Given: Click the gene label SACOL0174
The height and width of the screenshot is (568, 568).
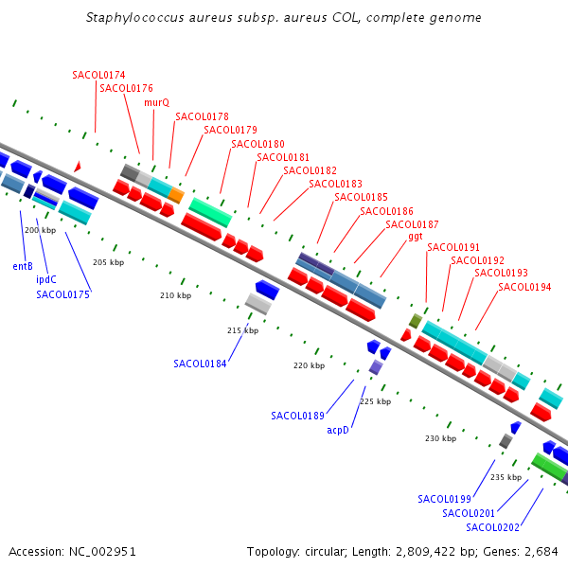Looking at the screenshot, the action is [x=98, y=75].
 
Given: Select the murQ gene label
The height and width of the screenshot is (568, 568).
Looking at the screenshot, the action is [x=156, y=102].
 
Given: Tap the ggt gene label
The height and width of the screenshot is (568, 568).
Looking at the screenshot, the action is [x=416, y=237].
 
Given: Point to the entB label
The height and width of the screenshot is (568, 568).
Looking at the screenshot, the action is [x=23, y=266].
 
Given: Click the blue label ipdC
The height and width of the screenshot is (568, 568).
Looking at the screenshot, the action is [x=46, y=279].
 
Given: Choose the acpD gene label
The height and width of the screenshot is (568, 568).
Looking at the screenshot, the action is [x=338, y=430].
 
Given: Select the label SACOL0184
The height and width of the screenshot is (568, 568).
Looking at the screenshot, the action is [x=200, y=364].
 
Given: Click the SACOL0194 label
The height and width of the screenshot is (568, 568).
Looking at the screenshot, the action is [x=524, y=287].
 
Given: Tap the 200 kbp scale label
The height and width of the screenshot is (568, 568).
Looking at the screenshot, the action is [x=40, y=230].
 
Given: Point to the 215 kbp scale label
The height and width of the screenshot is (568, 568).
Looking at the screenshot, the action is [x=242, y=330].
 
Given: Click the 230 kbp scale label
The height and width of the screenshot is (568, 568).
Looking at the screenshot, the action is [x=440, y=438].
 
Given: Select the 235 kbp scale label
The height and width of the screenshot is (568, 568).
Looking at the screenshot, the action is [x=506, y=477].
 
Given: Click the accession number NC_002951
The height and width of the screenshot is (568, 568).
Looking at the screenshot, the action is [x=102, y=551].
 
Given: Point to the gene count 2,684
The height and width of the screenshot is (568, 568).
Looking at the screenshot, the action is [x=541, y=551].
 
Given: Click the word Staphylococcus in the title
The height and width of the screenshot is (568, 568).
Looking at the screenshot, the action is [x=134, y=17].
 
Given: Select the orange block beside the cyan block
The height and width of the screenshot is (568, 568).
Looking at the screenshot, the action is [x=176, y=195].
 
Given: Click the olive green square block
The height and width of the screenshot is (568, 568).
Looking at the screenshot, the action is [x=416, y=321].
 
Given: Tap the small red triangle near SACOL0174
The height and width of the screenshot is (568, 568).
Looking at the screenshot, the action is [x=78, y=167].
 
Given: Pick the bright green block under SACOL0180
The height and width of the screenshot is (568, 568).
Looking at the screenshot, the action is [x=210, y=213].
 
